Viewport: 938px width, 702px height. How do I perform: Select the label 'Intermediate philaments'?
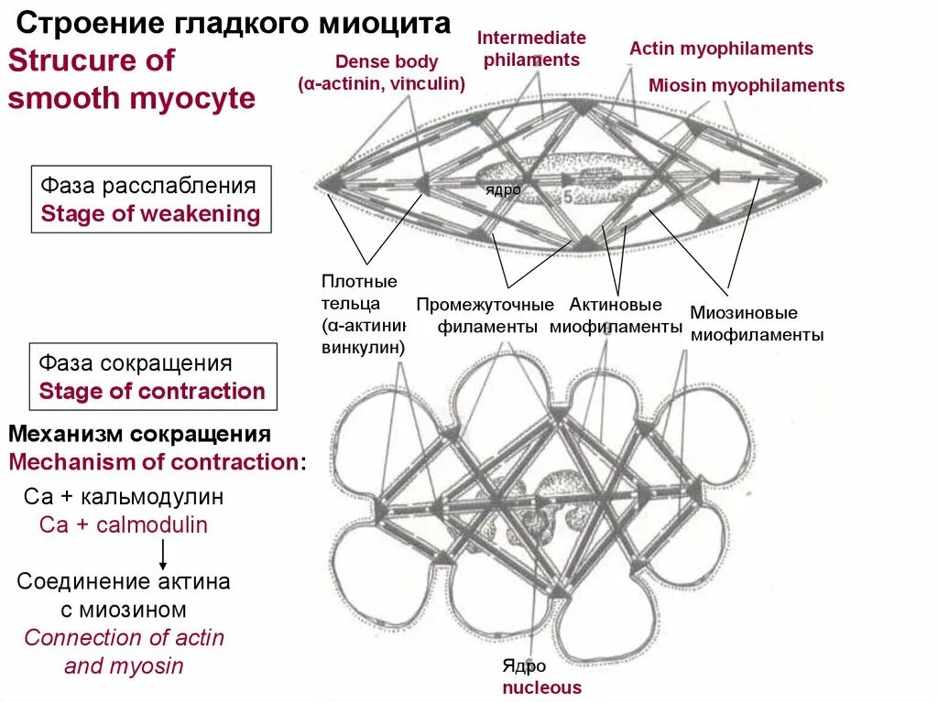coord(531,49)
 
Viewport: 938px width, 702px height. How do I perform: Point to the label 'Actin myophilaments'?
coord(721,49)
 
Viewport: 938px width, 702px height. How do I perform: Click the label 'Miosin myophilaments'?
coord(746,86)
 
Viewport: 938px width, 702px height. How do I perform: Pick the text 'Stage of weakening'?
coord(150,214)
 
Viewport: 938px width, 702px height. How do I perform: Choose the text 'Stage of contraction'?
coord(152,392)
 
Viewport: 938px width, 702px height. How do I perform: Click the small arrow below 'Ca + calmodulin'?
coord(162,554)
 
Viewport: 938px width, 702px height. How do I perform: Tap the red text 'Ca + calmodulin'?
coord(124,525)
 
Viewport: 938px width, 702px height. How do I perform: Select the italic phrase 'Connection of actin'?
coord(124,638)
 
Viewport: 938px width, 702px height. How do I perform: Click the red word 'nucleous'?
coord(541,687)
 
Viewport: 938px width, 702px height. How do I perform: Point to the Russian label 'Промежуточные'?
coord(485,305)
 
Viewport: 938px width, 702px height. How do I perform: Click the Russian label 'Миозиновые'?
coord(743,313)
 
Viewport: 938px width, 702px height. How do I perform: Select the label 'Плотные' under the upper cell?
coord(359,281)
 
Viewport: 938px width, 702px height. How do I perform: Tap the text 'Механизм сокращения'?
coord(139,433)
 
